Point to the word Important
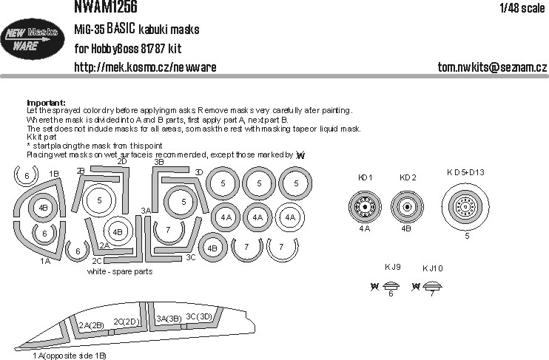coord(46,103)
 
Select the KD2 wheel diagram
coord(408,208)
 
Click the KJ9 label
coord(392,266)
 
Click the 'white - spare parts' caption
coord(121,271)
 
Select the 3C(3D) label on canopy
coord(201,316)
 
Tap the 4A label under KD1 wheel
coord(364,229)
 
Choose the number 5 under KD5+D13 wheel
coord(466,237)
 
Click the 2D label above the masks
coord(122,161)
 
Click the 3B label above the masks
coord(158,161)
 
